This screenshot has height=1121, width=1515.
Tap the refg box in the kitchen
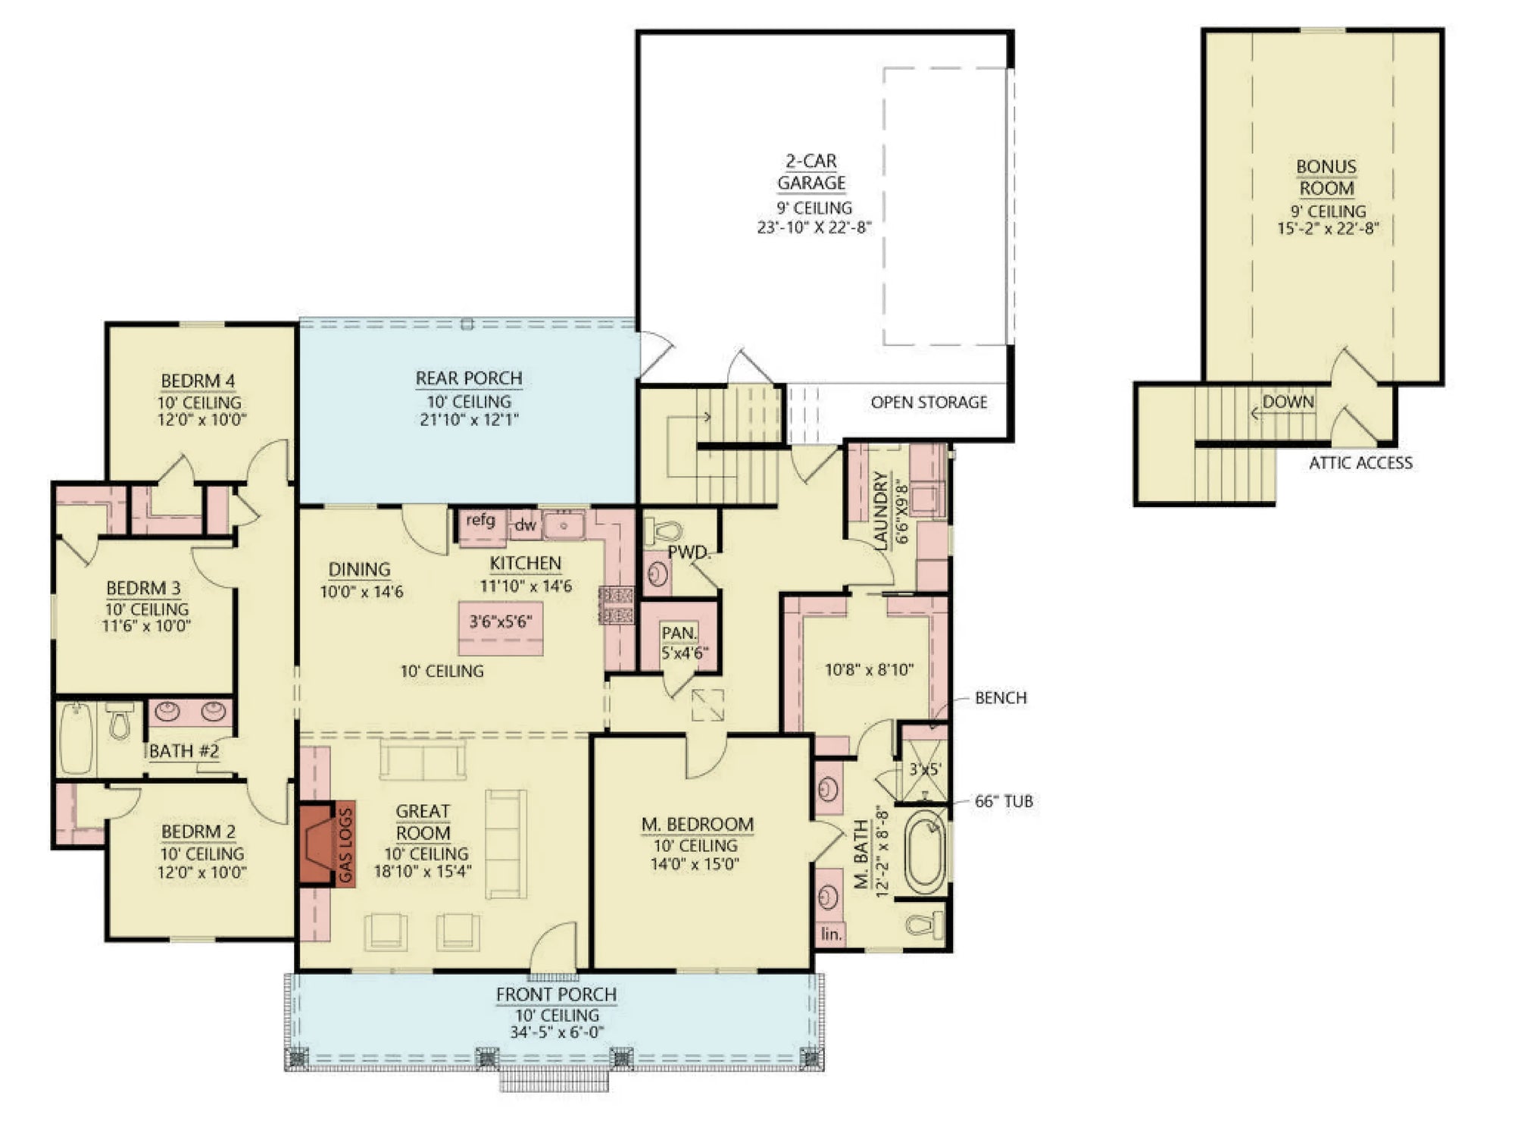480,521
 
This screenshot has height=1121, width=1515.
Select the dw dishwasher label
525,524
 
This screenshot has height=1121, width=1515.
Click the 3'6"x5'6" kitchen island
501,622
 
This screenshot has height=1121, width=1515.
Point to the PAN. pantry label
679,633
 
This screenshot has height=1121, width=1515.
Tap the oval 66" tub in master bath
925,852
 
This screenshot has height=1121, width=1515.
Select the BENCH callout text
1001,698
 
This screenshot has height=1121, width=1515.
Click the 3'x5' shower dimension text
924,769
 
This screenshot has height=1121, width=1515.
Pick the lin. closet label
831,934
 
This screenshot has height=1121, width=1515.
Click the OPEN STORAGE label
929,402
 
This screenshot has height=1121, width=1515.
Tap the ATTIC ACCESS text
1360,463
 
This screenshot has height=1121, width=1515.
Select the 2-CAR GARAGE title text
811,172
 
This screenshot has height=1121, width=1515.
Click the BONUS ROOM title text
1326,177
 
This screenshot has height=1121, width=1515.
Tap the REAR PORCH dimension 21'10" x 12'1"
469,419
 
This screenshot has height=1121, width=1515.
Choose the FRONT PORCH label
556,994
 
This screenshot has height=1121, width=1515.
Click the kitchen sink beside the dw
564,524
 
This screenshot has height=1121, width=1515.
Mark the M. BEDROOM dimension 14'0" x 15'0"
695,864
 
